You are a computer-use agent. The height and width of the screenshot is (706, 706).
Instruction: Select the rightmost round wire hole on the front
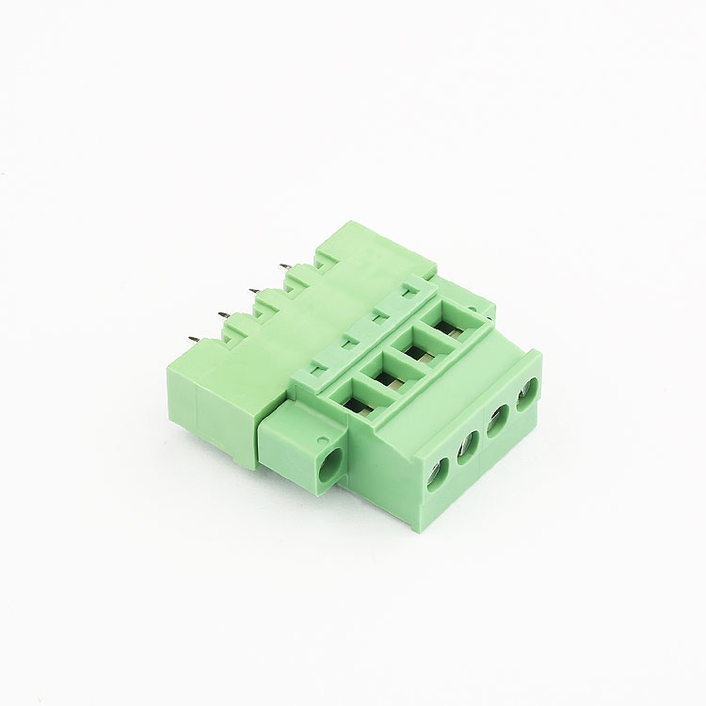click(527, 392)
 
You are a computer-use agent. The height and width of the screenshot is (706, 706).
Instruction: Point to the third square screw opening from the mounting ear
click(415, 350)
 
